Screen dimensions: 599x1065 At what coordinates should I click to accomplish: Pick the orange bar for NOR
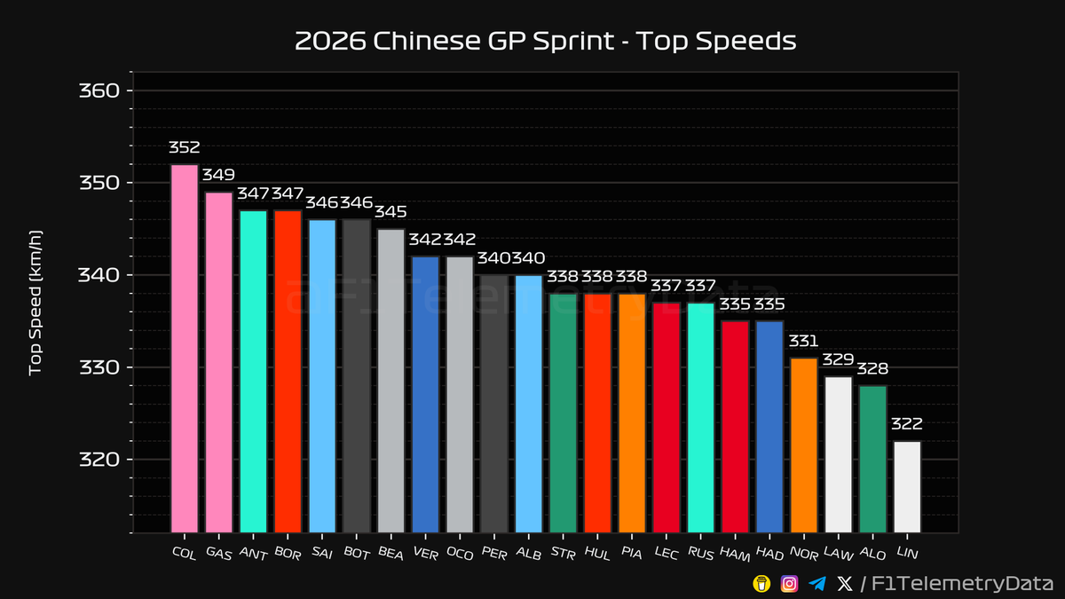pyautogui.click(x=803, y=445)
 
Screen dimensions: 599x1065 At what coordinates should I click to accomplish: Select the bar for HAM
pyautogui.click(x=735, y=426)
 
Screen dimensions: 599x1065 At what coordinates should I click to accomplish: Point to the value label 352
pyautogui.click(x=185, y=147)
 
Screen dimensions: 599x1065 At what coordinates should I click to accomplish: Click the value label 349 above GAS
pyautogui.click(x=218, y=176)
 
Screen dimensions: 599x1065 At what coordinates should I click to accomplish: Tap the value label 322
pyautogui.click(x=907, y=424)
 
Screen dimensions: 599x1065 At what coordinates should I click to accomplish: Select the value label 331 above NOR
pyautogui.click(x=803, y=342)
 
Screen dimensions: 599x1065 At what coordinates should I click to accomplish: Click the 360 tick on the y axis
pyautogui.click(x=100, y=91)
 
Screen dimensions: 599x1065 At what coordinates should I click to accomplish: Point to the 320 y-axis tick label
pyautogui.click(x=100, y=459)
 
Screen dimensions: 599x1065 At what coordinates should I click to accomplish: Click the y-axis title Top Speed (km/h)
pyautogui.click(x=35, y=302)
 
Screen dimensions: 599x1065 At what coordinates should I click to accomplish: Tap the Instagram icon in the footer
pyautogui.click(x=789, y=583)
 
